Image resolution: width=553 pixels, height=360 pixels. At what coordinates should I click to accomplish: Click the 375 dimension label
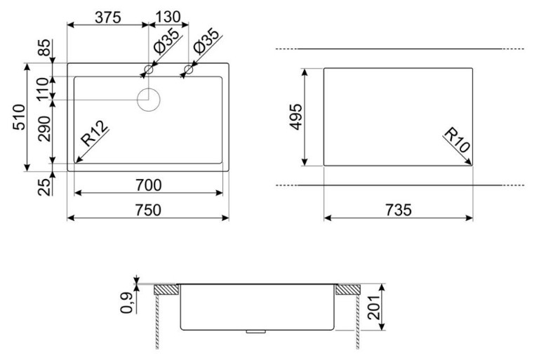(x=108, y=18)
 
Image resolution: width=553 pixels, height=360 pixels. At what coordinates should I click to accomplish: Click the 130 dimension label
(x=168, y=17)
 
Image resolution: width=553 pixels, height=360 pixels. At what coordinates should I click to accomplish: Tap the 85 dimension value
(x=44, y=47)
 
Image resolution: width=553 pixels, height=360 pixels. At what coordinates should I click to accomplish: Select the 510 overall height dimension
(x=20, y=117)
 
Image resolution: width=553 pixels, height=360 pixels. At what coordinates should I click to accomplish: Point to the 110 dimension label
(x=44, y=89)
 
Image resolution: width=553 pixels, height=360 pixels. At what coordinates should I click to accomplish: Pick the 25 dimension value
(x=44, y=187)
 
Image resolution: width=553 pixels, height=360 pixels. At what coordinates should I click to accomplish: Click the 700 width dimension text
(x=149, y=185)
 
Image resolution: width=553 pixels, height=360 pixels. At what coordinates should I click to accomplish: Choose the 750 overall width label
(x=148, y=210)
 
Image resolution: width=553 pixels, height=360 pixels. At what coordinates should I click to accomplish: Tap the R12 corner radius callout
(x=94, y=133)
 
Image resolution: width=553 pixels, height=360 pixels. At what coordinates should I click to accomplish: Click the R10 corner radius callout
(x=457, y=140)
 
